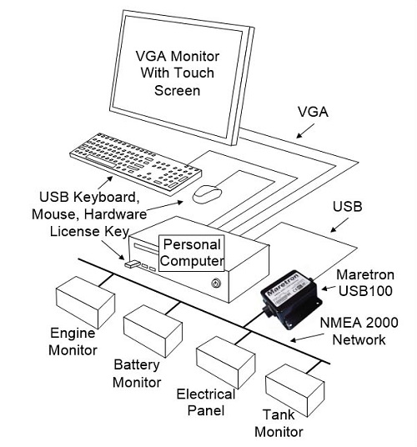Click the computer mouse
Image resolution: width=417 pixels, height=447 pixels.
tap(207, 194)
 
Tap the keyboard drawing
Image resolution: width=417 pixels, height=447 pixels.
tap(136, 163)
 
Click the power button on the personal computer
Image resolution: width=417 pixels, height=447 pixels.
tap(216, 284)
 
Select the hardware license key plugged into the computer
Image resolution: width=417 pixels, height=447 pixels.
tap(132, 264)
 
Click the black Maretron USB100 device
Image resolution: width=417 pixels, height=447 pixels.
tap(291, 299)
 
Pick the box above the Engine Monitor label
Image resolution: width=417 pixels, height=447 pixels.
tap(86, 302)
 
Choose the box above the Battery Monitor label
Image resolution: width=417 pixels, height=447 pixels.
tap(153, 331)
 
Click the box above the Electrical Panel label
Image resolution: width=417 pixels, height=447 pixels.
tap(226, 362)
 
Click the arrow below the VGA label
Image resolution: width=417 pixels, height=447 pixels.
tap(305, 131)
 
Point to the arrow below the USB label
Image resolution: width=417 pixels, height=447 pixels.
tap(339, 225)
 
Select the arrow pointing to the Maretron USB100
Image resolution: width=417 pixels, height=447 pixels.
tap(329, 289)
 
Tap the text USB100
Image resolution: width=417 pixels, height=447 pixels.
tap(365, 291)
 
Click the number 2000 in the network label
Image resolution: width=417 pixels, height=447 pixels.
tap(382, 323)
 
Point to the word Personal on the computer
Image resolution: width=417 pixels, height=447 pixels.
tap(192, 244)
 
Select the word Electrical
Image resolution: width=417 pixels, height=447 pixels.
tap(206, 394)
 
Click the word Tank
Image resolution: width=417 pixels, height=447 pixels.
tap(279, 414)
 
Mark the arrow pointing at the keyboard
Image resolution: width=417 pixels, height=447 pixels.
tap(105, 183)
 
